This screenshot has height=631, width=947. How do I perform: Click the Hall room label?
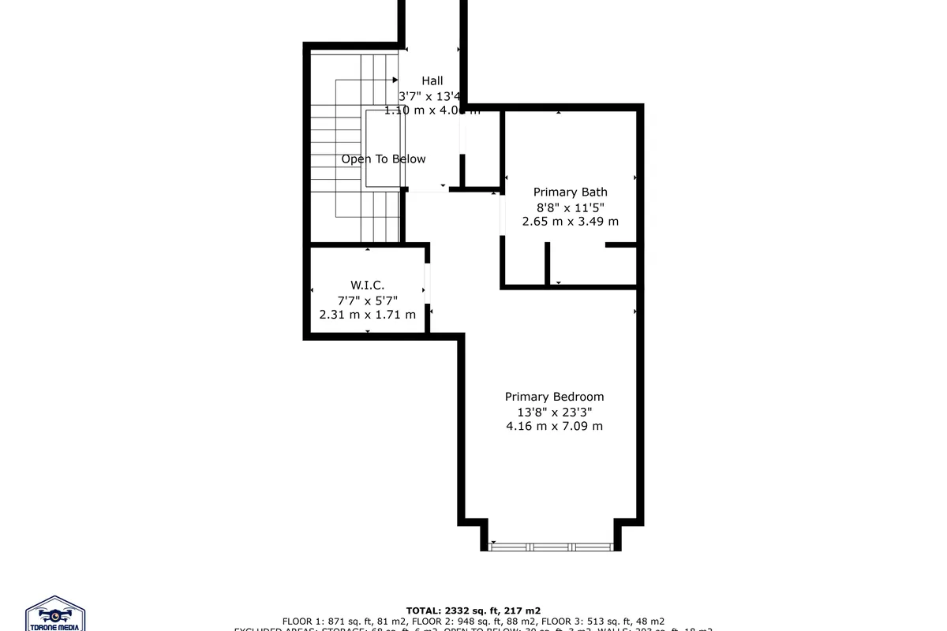coord(432,80)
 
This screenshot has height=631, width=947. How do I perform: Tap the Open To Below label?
coord(384,159)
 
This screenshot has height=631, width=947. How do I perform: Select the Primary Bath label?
coord(570,192)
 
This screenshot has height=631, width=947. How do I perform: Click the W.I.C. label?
coord(367,285)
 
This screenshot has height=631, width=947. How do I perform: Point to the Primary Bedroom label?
coord(554,397)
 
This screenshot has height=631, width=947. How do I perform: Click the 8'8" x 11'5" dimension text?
coord(570,207)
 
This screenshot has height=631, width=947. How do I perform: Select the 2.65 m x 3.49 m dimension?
coord(570,222)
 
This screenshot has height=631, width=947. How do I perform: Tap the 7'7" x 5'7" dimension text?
coord(367,300)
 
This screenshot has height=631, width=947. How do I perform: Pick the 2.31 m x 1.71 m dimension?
coord(367,315)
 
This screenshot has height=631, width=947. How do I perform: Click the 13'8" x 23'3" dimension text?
coord(554,412)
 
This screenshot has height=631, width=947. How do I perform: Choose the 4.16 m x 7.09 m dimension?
coord(554,426)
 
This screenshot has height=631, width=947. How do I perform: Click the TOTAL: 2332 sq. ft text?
coord(473,610)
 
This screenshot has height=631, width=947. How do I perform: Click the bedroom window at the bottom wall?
coord(551,545)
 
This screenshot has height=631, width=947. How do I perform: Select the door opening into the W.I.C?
coord(427,283)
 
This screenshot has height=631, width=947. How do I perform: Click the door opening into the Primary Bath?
coord(502,215)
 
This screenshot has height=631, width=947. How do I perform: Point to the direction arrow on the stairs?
coord(394,80)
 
